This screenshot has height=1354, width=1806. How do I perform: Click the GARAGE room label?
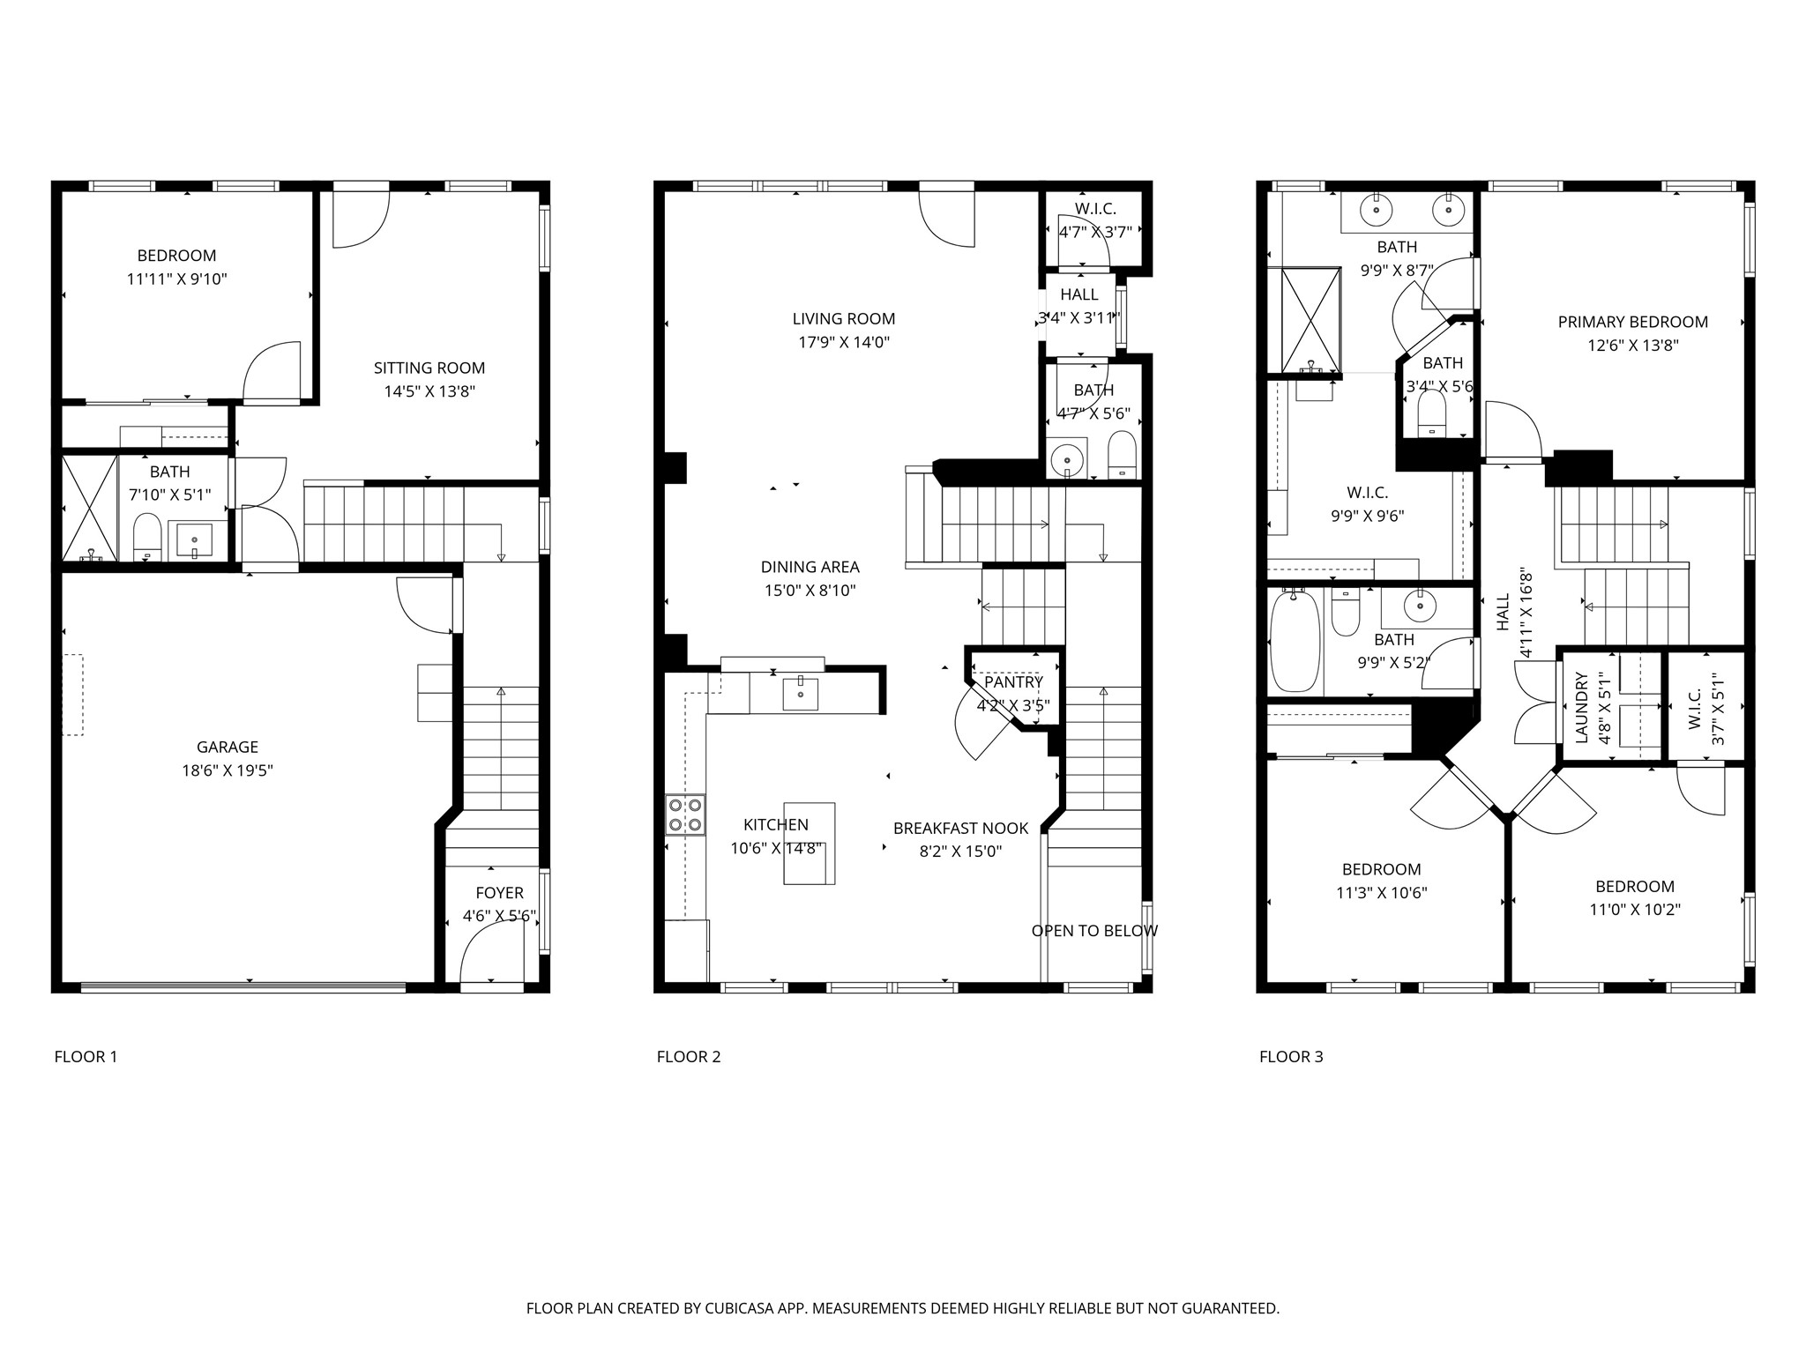(x=228, y=748)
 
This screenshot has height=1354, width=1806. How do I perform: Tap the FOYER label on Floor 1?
(x=499, y=893)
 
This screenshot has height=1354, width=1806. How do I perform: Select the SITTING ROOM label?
(x=429, y=368)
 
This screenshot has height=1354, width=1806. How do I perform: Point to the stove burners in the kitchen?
(x=685, y=815)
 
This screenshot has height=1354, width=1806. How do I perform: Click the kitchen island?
(x=810, y=843)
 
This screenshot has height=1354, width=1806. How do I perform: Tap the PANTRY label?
(x=1013, y=682)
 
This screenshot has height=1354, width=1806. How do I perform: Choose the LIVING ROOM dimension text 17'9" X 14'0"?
(x=844, y=343)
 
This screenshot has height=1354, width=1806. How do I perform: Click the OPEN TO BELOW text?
(x=1094, y=931)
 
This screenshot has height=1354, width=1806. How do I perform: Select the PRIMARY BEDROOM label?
(x=1632, y=323)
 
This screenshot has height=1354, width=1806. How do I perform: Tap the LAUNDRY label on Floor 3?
(x=1581, y=707)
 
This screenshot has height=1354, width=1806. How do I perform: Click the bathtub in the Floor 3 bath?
(x=1295, y=641)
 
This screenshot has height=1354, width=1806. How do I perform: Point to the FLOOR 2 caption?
(x=689, y=1057)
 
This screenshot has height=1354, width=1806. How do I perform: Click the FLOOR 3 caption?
(x=1291, y=1057)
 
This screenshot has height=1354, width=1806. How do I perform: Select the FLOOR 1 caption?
(x=86, y=1057)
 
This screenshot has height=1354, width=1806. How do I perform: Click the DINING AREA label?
(x=810, y=568)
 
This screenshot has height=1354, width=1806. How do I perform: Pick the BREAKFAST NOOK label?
(x=961, y=829)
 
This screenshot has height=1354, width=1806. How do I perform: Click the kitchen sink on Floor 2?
(x=801, y=694)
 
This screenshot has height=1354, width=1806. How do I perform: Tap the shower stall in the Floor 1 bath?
(x=89, y=508)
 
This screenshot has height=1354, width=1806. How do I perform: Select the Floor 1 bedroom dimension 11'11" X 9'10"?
(x=176, y=279)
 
